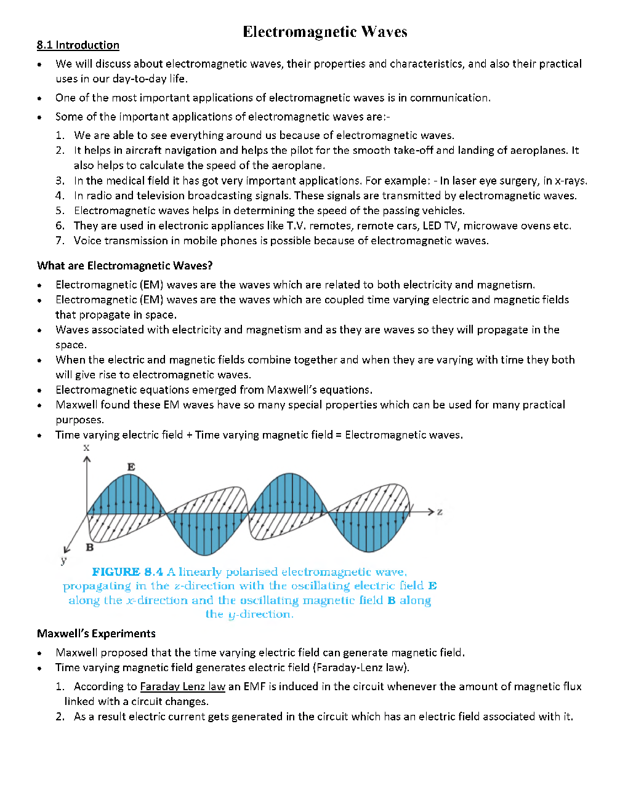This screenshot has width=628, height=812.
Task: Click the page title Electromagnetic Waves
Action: (324, 32)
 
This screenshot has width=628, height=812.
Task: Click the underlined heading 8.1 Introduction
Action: (78, 45)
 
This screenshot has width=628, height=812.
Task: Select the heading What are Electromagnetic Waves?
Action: (124, 266)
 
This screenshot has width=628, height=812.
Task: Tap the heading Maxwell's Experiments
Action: (96, 634)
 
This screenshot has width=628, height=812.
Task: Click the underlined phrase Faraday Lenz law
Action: (183, 687)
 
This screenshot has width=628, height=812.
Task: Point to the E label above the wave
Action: (131, 467)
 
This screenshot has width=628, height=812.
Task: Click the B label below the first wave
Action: (90, 547)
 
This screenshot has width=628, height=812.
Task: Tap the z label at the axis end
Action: (440, 511)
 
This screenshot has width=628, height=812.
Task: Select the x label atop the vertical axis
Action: (86, 447)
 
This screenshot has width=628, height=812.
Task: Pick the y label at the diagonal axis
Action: (63, 560)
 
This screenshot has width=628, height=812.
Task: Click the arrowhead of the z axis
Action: (431, 511)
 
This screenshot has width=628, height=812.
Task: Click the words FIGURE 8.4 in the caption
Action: (127, 572)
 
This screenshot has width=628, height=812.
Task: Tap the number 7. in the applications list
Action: (60, 241)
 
